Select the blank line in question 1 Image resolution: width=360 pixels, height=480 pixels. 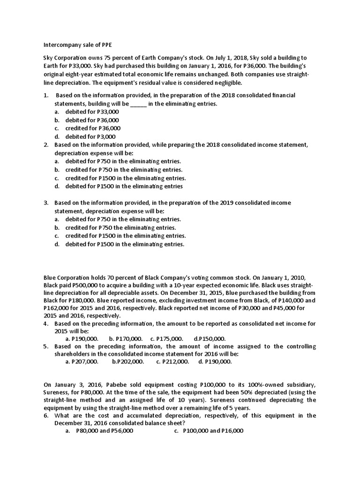(138, 104)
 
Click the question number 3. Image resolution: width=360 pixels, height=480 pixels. (46, 203)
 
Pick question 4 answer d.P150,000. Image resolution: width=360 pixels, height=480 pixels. (210, 338)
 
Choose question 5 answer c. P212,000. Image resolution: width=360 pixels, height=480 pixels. (172, 361)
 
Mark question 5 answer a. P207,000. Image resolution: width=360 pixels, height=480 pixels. (82, 361)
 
